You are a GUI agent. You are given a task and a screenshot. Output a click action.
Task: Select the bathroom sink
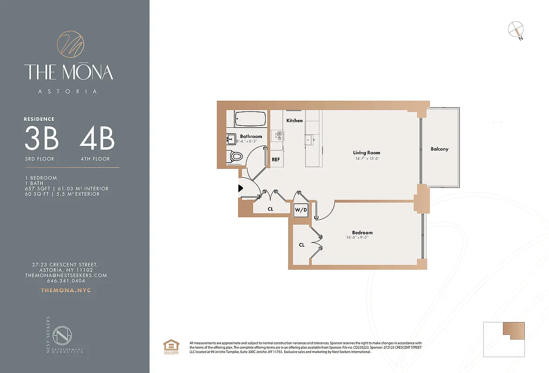pyautogui.click(x=231, y=139)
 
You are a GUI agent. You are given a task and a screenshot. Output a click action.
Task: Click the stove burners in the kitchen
pyautogui.click(x=279, y=135)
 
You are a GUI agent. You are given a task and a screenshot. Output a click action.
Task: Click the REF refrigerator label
pyautogui.click(x=276, y=159)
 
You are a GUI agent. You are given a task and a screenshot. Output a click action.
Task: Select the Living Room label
pyautogui.click(x=366, y=152)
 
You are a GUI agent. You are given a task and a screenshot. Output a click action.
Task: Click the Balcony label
pyautogui.click(x=439, y=149)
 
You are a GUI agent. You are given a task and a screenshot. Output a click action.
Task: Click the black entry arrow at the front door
pyautogui.click(x=241, y=188)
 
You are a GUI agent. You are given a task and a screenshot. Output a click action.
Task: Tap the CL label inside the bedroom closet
pyautogui.click(x=302, y=245)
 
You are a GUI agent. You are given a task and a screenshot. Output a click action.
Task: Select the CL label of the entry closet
pyautogui.click(x=270, y=209)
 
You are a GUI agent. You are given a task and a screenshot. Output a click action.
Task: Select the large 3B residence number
pyautogui.click(x=41, y=138)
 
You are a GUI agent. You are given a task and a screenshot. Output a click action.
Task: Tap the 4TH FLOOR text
pyautogui.click(x=95, y=159)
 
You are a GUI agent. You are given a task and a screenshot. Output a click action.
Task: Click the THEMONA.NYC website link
pyautogui.click(x=66, y=290)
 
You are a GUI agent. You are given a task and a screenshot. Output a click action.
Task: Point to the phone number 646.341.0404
pyautogui.click(x=66, y=281)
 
